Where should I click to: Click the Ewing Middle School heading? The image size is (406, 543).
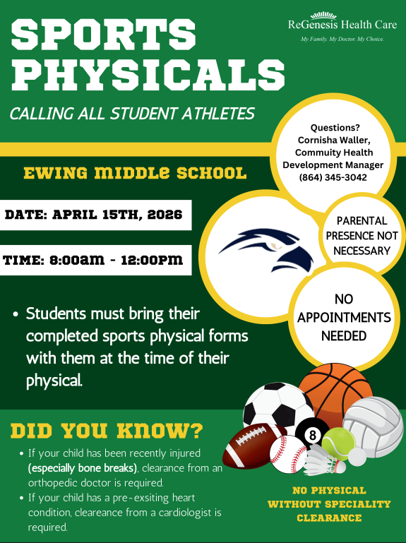click(135, 173)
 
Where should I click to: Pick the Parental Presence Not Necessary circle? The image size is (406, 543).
click(362, 236)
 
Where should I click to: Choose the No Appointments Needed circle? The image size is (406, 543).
click(344, 318)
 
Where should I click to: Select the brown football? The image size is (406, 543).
click(251, 445)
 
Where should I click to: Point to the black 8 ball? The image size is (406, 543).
click(312, 435)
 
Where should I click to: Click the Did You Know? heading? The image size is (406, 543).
click(107, 430)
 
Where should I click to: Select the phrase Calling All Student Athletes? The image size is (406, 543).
click(132, 113)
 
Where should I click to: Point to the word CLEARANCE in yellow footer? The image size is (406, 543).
click(329, 518)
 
